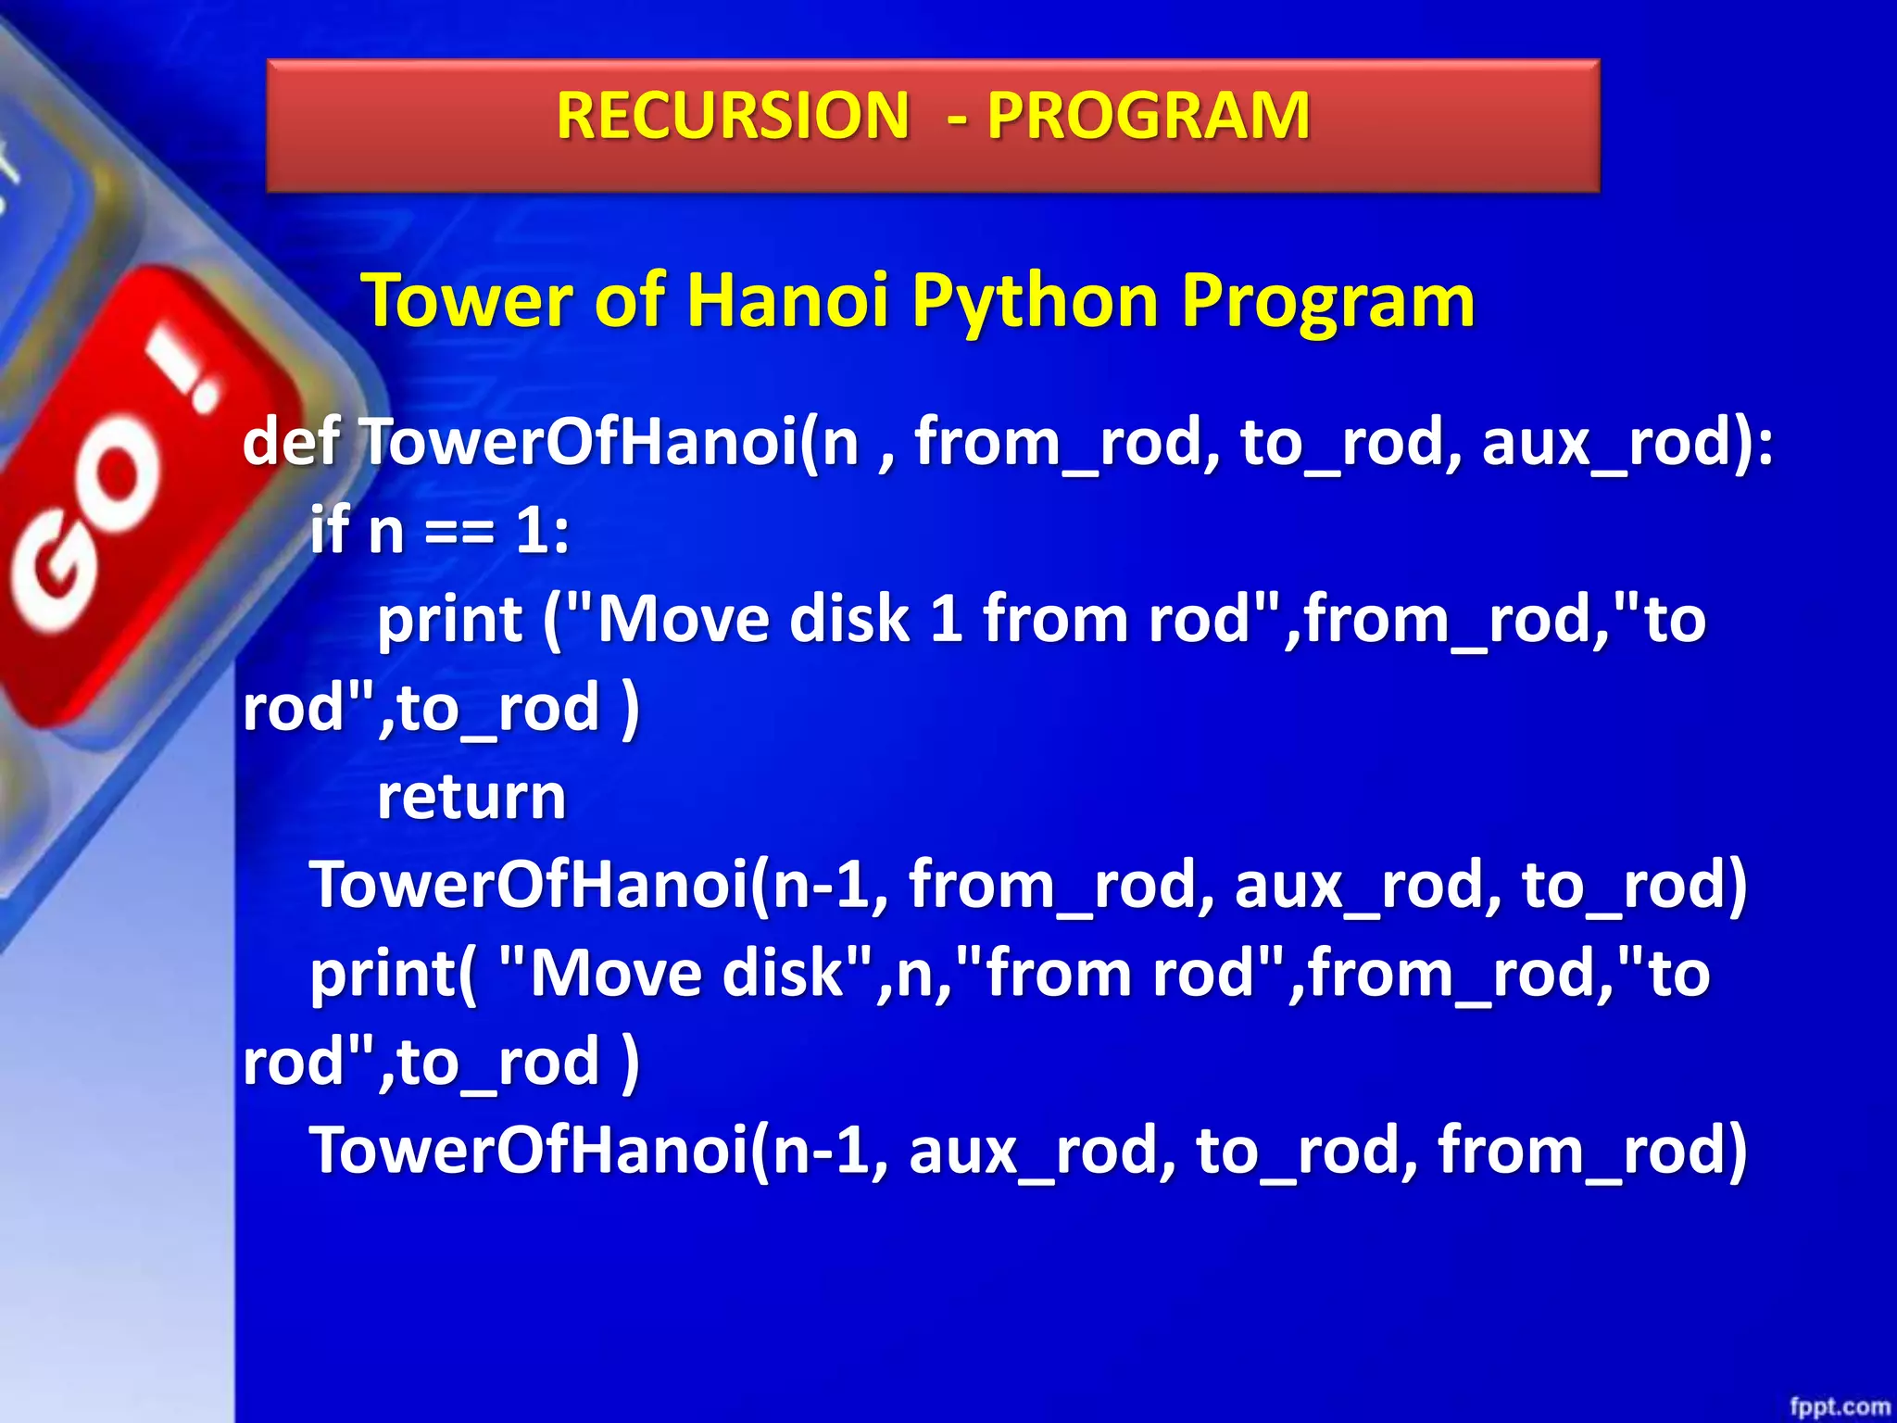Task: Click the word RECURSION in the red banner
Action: (733, 116)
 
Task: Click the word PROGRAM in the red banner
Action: (1148, 116)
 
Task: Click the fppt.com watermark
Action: (1839, 1406)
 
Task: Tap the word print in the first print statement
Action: (449, 619)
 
